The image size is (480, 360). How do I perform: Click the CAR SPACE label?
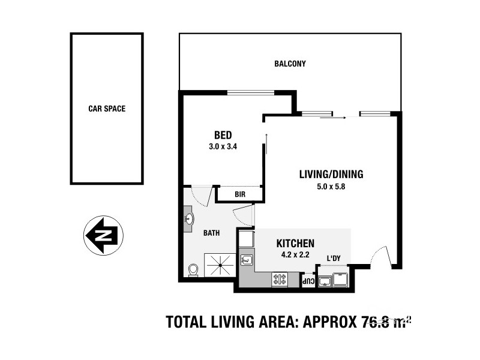[106, 109]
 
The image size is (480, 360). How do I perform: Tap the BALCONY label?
[290, 64]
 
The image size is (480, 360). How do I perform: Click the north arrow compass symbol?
[103, 235]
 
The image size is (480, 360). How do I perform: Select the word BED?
[223, 135]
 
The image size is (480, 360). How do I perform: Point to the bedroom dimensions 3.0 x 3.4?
[223, 146]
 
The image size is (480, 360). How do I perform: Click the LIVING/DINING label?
[331, 175]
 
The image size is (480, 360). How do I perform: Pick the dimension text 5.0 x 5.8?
[331, 186]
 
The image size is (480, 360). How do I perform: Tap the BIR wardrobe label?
[240, 194]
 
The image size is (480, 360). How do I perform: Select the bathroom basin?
[189, 219]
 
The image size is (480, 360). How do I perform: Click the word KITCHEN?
[295, 244]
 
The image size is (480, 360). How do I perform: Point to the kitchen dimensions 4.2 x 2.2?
[295, 254]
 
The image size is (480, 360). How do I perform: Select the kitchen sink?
[247, 260]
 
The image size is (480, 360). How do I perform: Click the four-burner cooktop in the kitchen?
[280, 279]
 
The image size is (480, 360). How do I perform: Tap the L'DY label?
[334, 259]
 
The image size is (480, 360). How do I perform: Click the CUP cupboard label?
[307, 280]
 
